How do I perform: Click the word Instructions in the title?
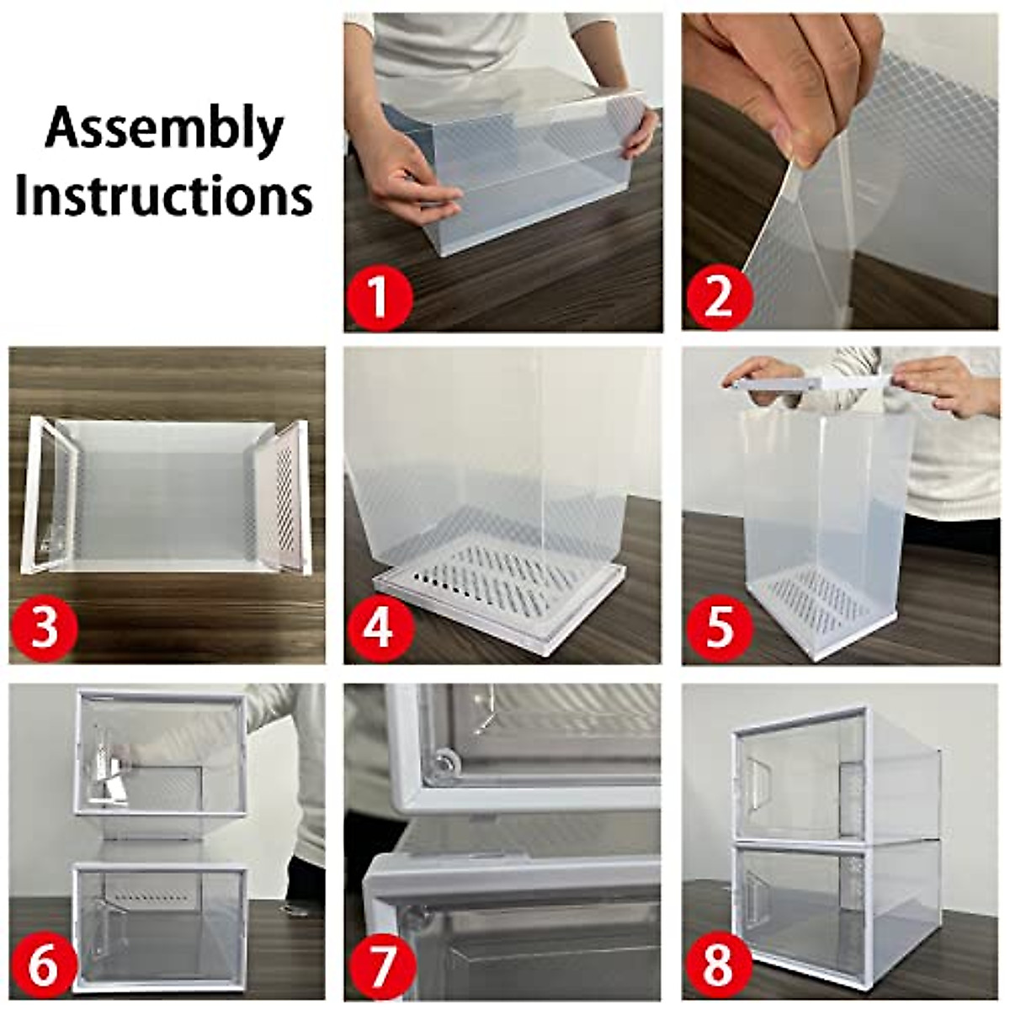(x=164, y=195)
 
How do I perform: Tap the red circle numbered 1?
(x=379, y=297)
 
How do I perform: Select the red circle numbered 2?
(x=717, y=297)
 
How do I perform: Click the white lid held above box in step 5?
(x=808, y=383)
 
